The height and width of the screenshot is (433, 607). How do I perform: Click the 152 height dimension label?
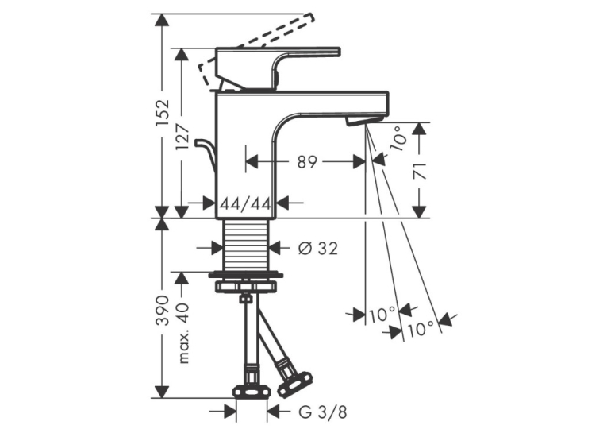click(162, 112)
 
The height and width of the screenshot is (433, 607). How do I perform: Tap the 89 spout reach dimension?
click(307, 162)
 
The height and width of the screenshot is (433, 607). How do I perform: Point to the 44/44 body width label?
click(245, 203)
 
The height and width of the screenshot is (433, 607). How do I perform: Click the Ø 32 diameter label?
click(318, 248)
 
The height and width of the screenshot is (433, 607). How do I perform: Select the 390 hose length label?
click(162, 310)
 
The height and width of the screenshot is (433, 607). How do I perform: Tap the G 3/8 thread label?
click(323, 412)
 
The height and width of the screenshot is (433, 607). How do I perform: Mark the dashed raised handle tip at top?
click(309, 17)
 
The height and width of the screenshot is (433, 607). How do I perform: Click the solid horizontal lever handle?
click(279, 68)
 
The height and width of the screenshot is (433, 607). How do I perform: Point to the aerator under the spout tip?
click(365, 120)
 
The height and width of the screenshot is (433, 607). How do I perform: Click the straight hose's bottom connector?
click(252, 389)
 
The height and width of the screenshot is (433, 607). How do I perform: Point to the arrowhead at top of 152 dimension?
click(162, 20)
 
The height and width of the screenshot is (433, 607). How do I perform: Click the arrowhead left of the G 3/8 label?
click(229, 412)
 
